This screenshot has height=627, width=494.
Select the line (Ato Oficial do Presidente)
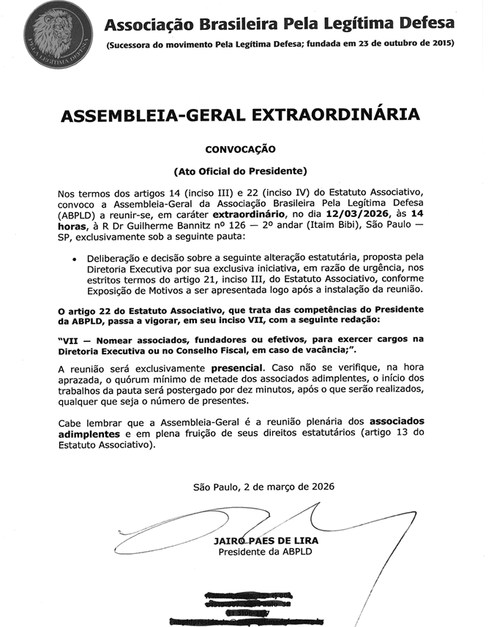[240, 172]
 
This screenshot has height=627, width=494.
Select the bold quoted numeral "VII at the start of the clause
[70, 339]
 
